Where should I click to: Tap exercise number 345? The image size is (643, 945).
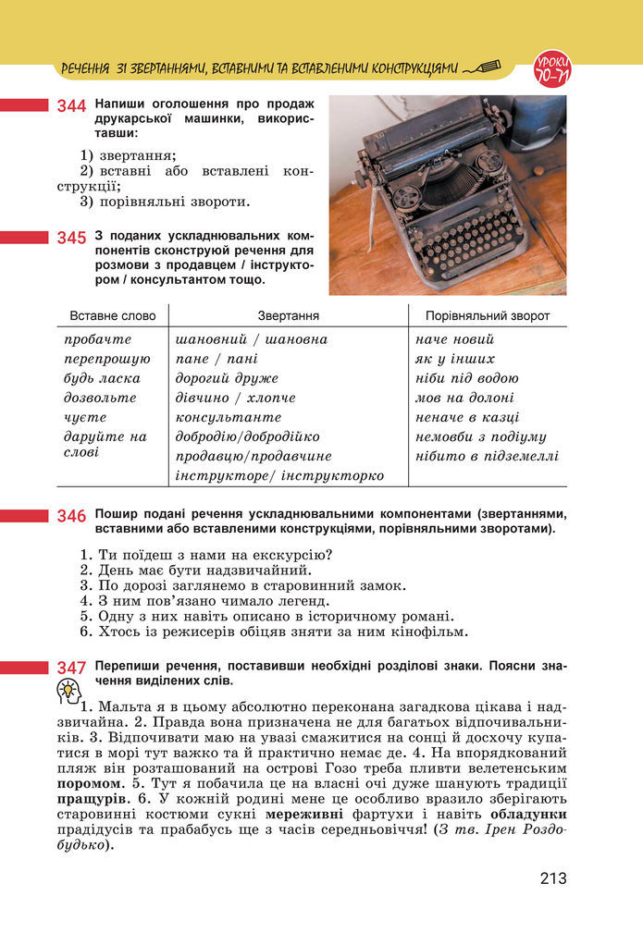[71, 239]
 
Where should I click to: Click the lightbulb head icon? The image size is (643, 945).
[68, 690]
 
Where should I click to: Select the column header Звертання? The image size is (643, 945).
[289, 315]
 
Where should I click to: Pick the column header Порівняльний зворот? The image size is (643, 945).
[488, 315]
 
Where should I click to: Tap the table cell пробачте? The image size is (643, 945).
[98, 339]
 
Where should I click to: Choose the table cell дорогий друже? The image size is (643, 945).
[227, 378]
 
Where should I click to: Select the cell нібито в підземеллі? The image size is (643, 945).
[488, 456]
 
